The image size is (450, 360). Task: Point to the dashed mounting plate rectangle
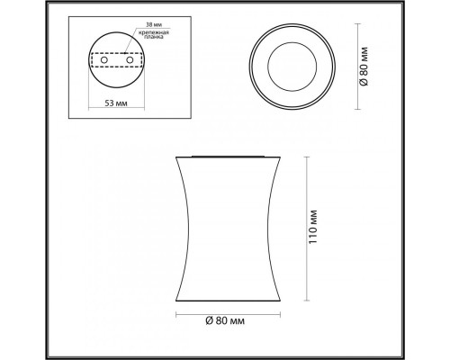pyautogui.click(x=116, y=60)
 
